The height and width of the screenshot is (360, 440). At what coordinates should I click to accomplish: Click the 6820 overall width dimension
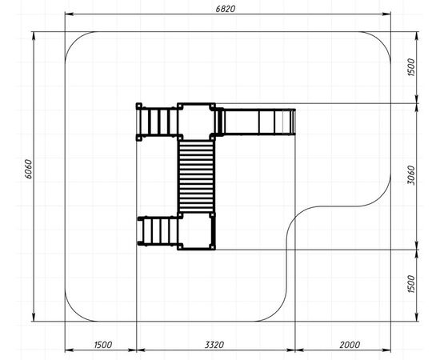(226, 9)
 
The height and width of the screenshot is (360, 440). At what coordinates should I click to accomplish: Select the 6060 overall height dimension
(29, 169)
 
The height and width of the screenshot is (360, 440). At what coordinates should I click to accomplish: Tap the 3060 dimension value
(410, 175)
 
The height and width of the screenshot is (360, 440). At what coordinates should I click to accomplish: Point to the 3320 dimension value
(214, 345)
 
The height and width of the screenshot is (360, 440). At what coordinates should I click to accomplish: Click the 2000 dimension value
(350, 345)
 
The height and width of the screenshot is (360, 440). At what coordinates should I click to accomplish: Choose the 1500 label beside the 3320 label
(103, 345)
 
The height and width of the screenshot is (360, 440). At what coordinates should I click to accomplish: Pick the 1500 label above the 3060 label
(410, 67)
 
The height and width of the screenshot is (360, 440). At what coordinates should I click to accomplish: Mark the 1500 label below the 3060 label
(410, 284)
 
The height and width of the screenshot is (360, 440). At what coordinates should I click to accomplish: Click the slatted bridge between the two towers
(196, 176)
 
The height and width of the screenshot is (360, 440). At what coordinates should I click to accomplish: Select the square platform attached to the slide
(196, 122)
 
